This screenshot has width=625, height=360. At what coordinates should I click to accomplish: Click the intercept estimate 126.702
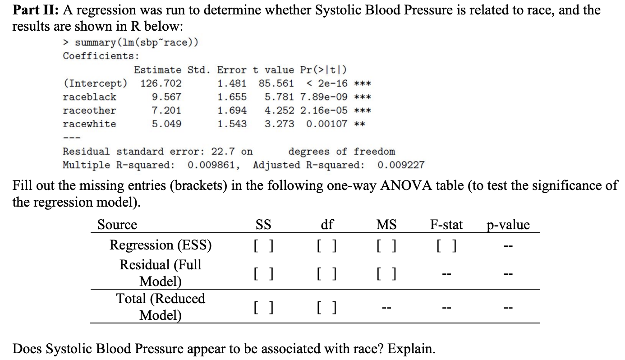click(x=161, y=83)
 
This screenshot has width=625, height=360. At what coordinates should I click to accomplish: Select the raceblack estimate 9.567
click(x=167, y=97)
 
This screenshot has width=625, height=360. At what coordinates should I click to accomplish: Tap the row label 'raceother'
click(x=89, y=111)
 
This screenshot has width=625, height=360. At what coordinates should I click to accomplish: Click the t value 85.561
click(x=276, y=83)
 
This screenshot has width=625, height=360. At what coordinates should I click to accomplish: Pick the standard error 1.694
click(x=232, y=111)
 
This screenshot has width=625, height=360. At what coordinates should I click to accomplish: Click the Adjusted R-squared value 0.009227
click(x=401, y=165)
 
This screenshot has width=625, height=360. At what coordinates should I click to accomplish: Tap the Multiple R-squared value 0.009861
click(x=211, y=165)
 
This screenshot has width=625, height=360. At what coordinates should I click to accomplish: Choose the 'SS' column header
click(x=263, y=225)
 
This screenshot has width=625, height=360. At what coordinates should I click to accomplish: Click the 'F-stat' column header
click(x=446, y=225)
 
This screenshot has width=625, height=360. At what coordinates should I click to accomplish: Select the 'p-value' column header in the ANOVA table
click(x=509, y=225)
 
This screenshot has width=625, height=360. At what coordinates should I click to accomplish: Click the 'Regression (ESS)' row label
click(x=161, y=245)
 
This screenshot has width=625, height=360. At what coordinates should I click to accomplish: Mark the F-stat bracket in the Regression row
click(x=446, y=246)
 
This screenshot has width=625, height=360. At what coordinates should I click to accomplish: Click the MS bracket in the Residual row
click(x=387, y=273)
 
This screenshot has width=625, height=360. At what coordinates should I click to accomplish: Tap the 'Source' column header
click(x=117, y=225)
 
